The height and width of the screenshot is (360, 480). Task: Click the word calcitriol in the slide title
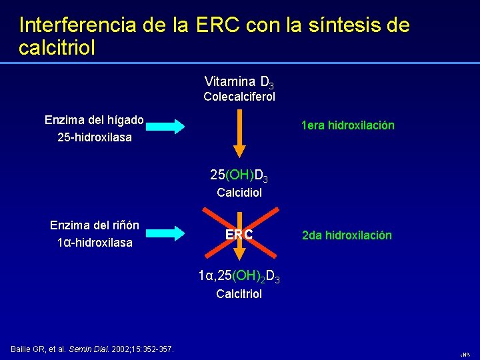tap(58, 48)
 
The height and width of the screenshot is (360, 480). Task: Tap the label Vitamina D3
tap(239, 82)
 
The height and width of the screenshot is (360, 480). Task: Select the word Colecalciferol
tap(239, 97)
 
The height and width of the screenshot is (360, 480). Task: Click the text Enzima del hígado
tap(94, 120)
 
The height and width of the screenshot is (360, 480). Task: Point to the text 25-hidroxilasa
tap(94, 137)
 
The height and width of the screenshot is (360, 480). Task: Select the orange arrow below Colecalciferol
tap(239, 133)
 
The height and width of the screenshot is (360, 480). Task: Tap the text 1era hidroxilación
tap(347, 125)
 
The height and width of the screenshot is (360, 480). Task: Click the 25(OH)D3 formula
tap(239, 176)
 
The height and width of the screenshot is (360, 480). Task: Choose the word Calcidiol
tap(239, 192)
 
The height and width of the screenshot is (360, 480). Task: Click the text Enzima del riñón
tap(94, 225)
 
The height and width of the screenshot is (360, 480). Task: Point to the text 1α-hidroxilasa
tap(94, 243)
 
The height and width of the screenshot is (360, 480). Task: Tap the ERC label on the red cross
tap(239, 235)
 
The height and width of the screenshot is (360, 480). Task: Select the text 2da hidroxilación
tap(347, 235)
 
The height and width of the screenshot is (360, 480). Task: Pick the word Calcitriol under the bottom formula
tap(239, 293)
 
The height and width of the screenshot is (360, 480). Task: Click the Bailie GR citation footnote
tap(93, 349)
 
